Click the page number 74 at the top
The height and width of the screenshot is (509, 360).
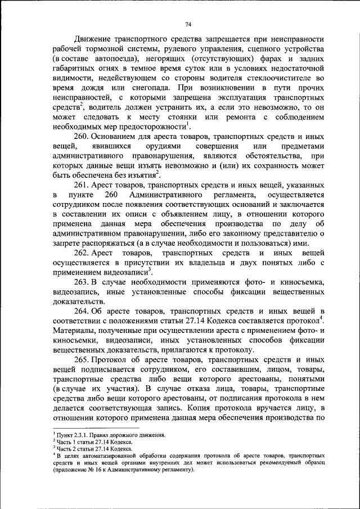[188, 24]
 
